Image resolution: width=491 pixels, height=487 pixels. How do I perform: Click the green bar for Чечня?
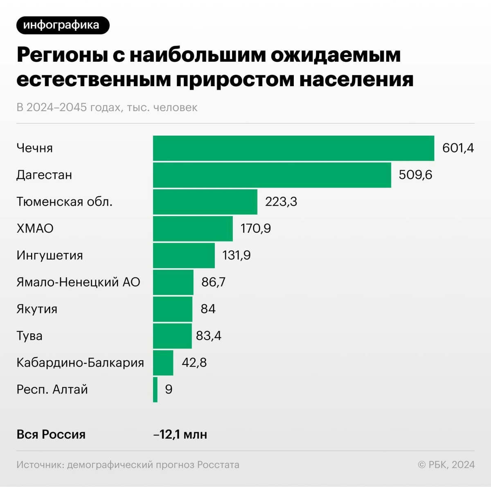click(x=293, y=148)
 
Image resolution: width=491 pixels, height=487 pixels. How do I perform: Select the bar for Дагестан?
click(x=272, y=175)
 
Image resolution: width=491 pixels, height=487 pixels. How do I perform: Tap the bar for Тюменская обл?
click(x=205, y=202)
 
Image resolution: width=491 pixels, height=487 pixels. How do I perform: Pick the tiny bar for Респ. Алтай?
click(x=155, y=389)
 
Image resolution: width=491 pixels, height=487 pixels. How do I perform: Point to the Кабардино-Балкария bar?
click(x=163, y=363)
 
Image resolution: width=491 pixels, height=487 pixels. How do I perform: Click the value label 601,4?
click(x=458, y=148)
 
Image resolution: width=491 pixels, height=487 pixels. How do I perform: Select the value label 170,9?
click(x=256, y=228)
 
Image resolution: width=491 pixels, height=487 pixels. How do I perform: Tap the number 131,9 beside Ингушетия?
click(x=236, y=255)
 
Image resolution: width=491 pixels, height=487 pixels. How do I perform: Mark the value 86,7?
click(x=213, y=282)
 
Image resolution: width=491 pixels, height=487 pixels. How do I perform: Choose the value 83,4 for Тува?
click(x=209, y=336)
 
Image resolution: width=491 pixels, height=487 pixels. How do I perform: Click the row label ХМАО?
click(x=35, y=228)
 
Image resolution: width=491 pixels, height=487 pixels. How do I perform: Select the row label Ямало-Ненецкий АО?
click(x=78, y=282)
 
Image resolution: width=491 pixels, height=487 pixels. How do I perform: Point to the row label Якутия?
click(x=37, y=309)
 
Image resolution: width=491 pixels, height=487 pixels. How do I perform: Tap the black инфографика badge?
click(x=63, y=25)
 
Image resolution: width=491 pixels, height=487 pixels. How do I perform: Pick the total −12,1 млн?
click(x=180, y=434)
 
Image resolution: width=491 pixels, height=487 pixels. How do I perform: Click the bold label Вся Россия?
click(x=51, y=434)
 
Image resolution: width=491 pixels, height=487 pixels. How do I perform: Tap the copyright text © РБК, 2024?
click(x=446, y=465)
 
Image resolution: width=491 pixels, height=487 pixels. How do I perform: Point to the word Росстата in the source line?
click(x=218, y=465)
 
